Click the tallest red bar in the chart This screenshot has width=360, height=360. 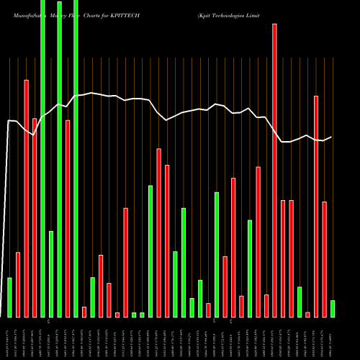point(274,170)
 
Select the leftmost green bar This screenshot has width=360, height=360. point(9,297)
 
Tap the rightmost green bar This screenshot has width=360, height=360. point(333,308)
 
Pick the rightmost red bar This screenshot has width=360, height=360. point(324,259)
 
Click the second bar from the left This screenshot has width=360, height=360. point(18,284)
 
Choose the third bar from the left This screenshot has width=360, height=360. point(26,198)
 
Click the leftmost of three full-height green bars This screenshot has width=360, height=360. point(42,158)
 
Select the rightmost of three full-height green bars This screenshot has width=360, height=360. point(76,158)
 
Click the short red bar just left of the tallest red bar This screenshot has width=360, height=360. point(266,305)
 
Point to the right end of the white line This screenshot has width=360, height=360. point(331,137)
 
